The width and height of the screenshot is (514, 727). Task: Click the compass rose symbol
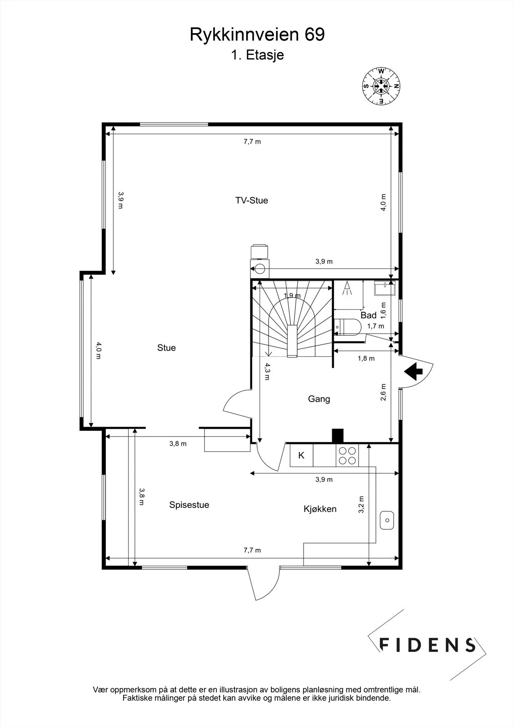[x=381, y=86]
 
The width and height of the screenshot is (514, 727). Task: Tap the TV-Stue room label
[x=252, y=200]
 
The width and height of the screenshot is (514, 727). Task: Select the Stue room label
[x=166, y=348]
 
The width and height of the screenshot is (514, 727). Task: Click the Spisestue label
[x=189, y=505]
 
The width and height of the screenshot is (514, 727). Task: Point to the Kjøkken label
[x=320, y=509]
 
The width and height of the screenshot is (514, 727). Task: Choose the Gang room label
[x=319, y=399]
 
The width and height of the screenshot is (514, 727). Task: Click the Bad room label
[x=368, y=315]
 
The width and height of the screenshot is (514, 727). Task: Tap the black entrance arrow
[x=413, y=371]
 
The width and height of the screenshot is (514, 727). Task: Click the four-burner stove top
[x=347, y=455]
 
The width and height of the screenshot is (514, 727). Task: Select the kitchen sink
[x=387, y=520]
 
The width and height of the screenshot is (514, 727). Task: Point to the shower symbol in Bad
[x=347, y=288]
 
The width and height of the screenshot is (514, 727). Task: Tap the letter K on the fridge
[x=301, y=456]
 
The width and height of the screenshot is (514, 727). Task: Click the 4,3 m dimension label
[x=267, y=372]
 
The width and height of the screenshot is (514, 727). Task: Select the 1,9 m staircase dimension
[x=292, y=295]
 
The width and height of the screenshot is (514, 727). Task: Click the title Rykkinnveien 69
[x=257, y=35]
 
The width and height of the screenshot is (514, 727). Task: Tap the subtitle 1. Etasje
[x=257, y=55]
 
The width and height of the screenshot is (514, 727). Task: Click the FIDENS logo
[x=427, y=645]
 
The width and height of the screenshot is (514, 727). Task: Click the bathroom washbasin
[x=385, y=288]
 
